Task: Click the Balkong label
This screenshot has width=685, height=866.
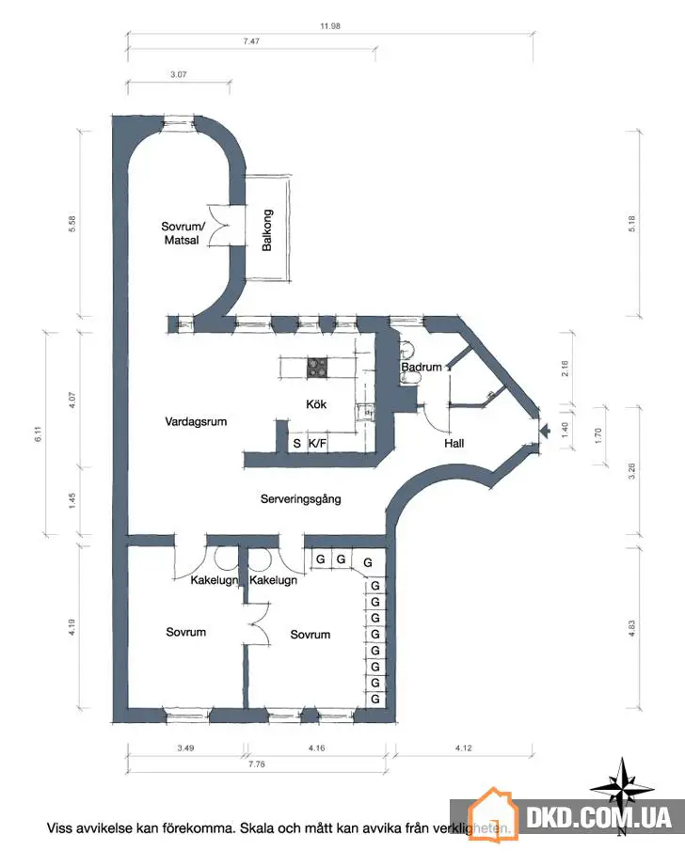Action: pyautogui.click(x=267, y=230)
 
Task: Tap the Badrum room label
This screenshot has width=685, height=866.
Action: pyautogui.click(x=421, y=367)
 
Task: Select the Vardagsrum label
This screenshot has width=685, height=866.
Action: pyautogui.click(x=196, y=421)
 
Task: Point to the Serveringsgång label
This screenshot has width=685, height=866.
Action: pyautogui.click(x=301, y=498)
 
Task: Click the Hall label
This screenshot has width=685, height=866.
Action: pyautogui.click(x=454, y=443)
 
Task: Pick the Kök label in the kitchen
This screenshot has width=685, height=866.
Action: pyautogui.click(x=316, y=404)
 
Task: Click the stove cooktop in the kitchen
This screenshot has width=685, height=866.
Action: pyautogui.click(x=317, y=369)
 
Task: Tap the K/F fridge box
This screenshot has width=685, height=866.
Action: pyautogui.click(x=318, y=443)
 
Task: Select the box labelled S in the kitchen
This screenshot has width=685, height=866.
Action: pyautogui.click(x=295, y=443)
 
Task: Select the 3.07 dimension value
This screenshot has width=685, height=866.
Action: pyautogui.click(x=179, y=73)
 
